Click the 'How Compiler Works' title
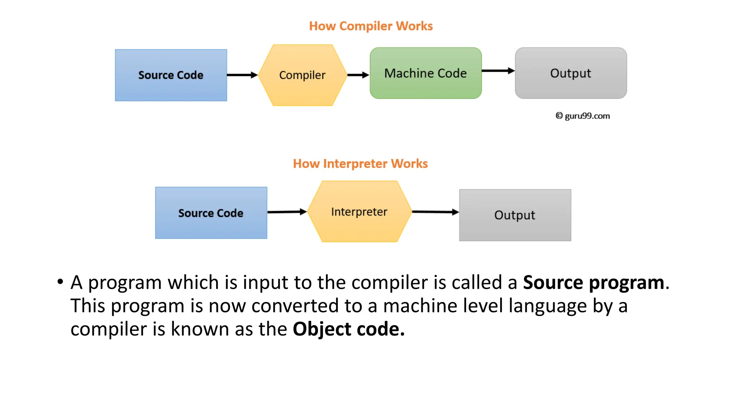pos(371,26)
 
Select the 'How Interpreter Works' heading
pos(360,164)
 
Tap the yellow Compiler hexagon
pos(302,75)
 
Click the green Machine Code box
pos(426,73)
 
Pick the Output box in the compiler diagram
pos(571,73)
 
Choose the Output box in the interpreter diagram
pos(515,215)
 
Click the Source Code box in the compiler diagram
pos(171,75)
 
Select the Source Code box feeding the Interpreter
pos(211,213)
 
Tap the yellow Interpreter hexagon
pos(359,212)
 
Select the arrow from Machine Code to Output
pos(498,71)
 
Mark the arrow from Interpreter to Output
pos(435,212)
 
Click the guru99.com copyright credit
pos(582,116)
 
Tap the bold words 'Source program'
pos(593,282)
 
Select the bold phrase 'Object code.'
pos(348,329)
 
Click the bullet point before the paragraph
pos(60,282)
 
